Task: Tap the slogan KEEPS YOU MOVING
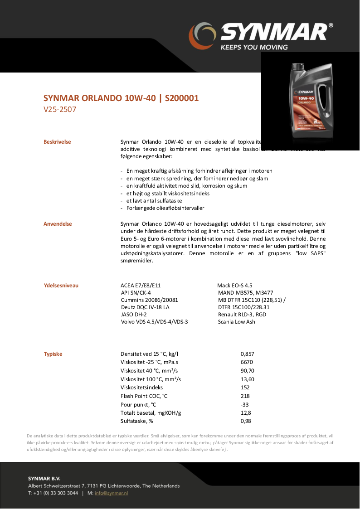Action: point(254,47)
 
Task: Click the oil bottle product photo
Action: point(310,101)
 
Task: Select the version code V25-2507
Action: point(60,109)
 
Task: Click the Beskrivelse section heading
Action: point(57,142)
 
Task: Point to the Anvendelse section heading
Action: point(58,224)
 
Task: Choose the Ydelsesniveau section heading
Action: point(61,286)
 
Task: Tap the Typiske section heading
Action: point(53,354)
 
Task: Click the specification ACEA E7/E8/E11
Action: point(141,286)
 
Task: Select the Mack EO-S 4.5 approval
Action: point(234,286)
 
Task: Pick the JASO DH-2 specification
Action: point(134,314)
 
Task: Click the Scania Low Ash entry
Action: point(236,322)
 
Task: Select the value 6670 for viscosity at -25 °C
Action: point(247,362)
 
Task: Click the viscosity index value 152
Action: point(245,388)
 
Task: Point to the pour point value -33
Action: point(244,404)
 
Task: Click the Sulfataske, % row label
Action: point(137,421)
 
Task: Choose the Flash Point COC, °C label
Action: point(144,396)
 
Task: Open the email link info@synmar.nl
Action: point(111,493)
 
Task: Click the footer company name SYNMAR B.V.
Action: point(44,478)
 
